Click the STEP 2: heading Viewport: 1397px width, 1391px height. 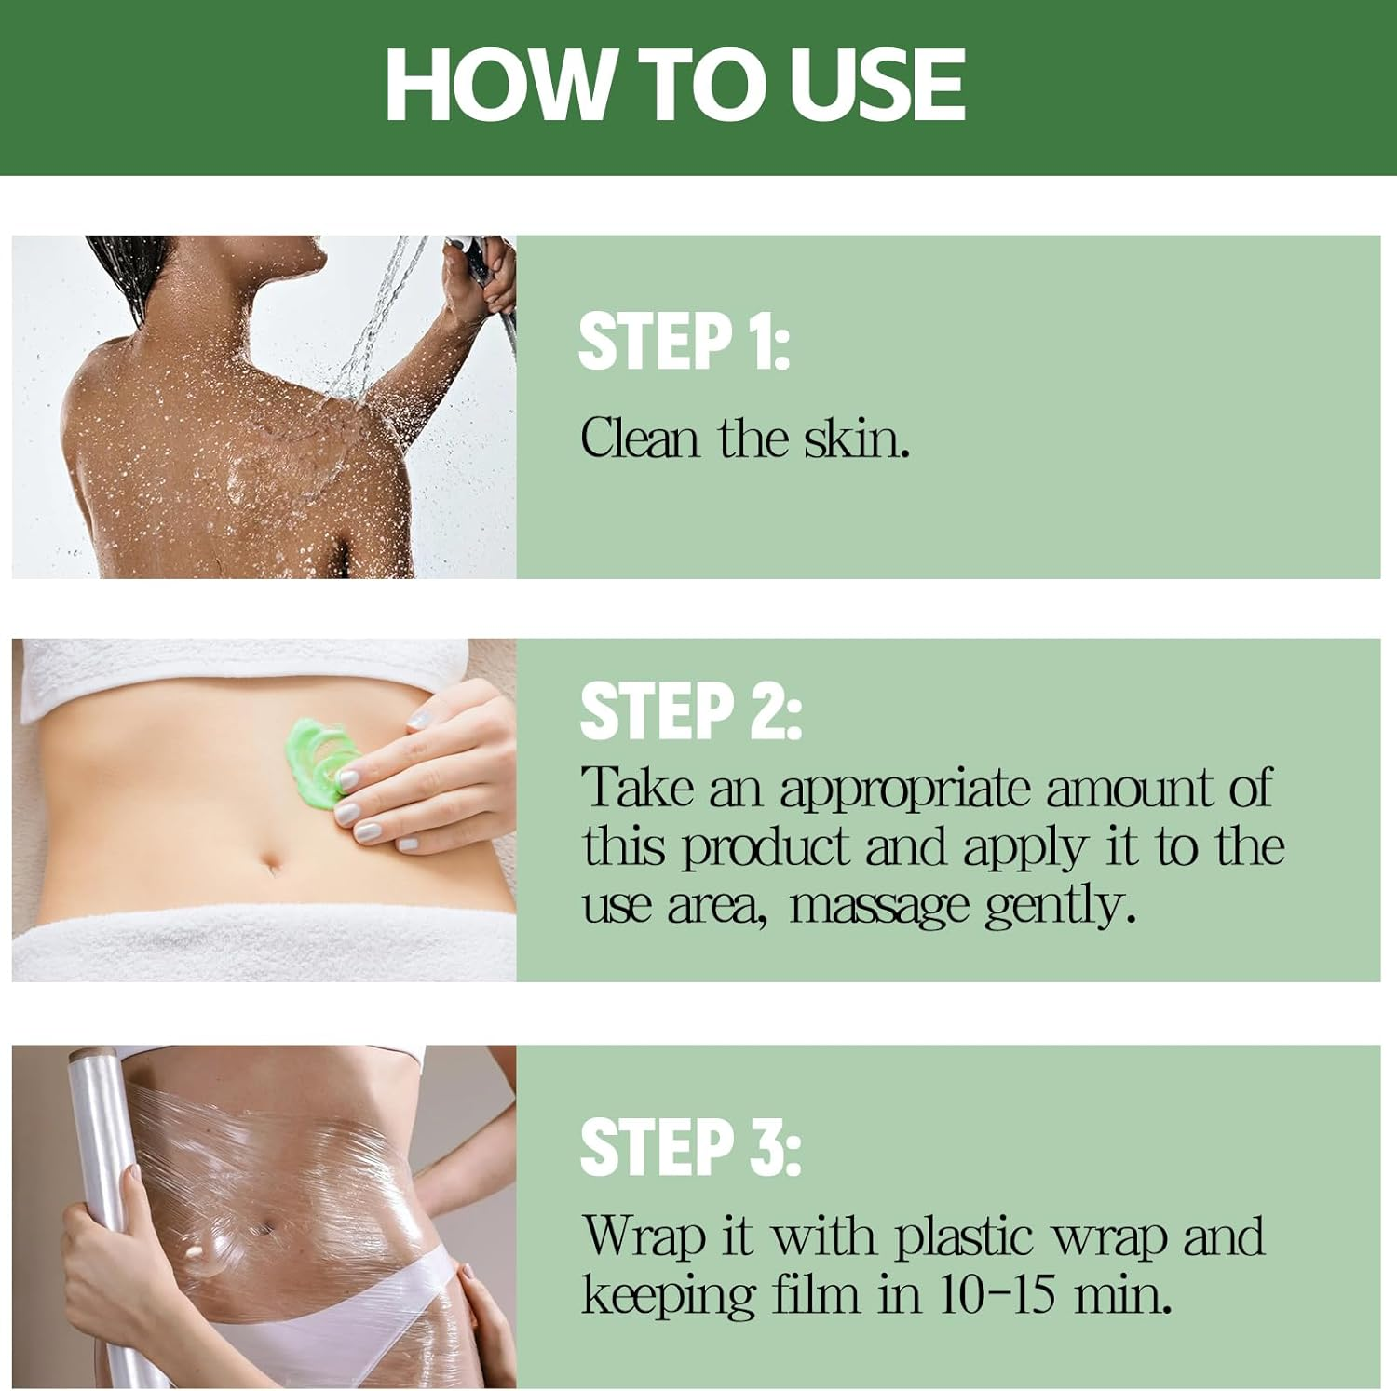point(690,710)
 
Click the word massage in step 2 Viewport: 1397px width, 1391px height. point(879,904)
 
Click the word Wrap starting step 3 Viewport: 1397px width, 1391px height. point(643,1237)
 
